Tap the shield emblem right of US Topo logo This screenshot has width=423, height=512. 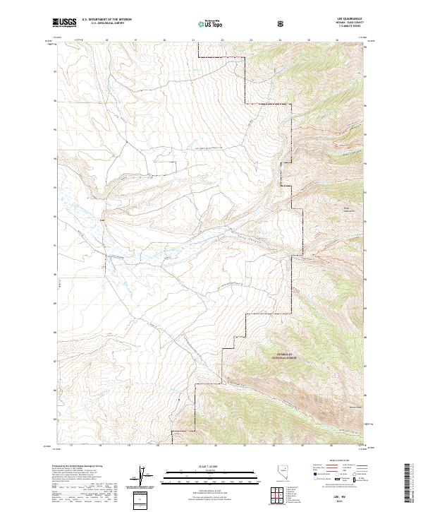[x=282, y=24]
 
